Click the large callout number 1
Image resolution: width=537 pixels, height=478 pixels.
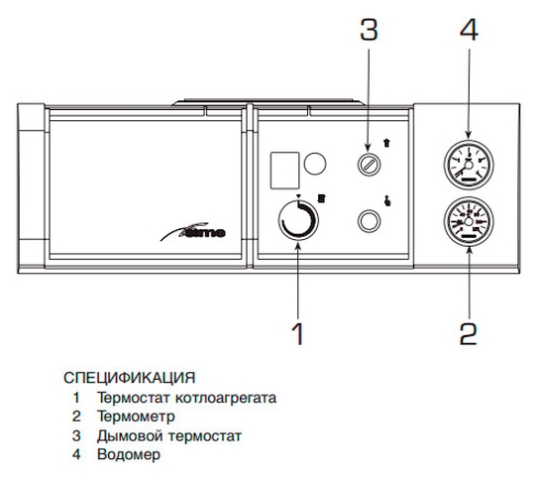coord(298,333)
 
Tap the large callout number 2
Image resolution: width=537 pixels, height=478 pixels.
coord(469,333)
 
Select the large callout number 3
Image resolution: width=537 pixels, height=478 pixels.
coord(369,29)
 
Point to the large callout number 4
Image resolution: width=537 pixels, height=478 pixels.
coord(469,29)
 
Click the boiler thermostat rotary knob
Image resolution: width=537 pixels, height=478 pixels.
coord(298,220)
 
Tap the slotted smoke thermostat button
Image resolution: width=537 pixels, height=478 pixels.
coord(369,165)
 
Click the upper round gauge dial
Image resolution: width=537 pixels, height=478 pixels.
coord(469,165)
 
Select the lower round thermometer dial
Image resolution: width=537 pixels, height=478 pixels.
coord(469,221)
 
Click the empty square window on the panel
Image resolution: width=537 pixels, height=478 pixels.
coord(285,171)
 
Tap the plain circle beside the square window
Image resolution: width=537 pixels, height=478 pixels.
coord(315,164)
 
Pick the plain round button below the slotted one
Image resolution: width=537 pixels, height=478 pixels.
coord(369,221)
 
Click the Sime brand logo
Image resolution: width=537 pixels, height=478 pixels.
coord(193,231)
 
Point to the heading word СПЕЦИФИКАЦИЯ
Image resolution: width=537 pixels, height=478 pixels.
coord(130,378)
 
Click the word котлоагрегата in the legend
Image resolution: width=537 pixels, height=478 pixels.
coord(226,398)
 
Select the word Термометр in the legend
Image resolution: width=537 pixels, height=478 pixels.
coord(136,417)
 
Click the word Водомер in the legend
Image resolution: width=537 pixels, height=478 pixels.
coord(129,454)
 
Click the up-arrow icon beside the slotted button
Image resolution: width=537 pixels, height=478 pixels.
coord(386,143)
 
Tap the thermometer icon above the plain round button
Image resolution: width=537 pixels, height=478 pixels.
coord(387,200)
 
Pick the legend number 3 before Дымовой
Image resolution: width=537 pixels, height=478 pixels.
coord(76,435)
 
